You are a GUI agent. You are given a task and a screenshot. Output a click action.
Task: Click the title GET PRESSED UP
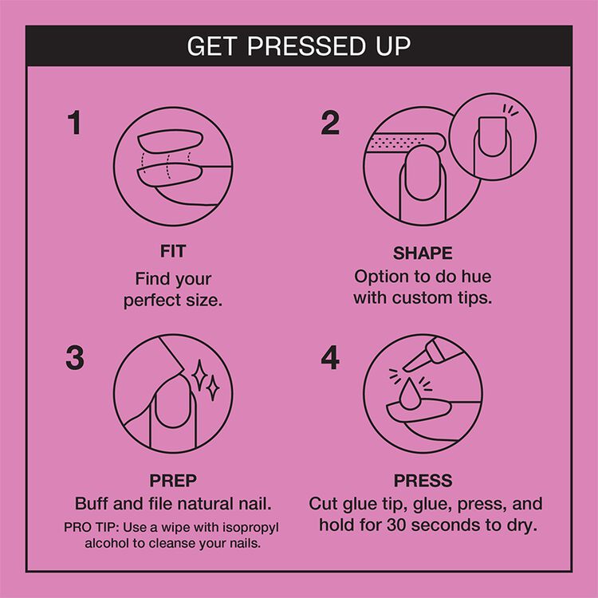[x=299, y=45]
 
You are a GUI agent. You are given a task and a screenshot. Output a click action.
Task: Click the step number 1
[x=74, y=124]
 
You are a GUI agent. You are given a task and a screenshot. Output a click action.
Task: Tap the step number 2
[x=330, y=124]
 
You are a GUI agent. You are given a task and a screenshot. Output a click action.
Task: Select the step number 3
[x=74, y=359]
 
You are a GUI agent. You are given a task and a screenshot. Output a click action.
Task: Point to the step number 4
[x=330, y=359]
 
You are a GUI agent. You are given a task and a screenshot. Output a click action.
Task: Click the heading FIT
[x=173, y=252]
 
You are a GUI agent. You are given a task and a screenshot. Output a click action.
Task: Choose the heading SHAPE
[x=423, y=254]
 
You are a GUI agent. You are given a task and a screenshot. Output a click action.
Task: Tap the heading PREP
[x=173, y=481]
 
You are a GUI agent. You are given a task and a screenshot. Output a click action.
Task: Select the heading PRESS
[x=423, y=482]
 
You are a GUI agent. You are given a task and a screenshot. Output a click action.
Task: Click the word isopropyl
[x=249, y=529]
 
